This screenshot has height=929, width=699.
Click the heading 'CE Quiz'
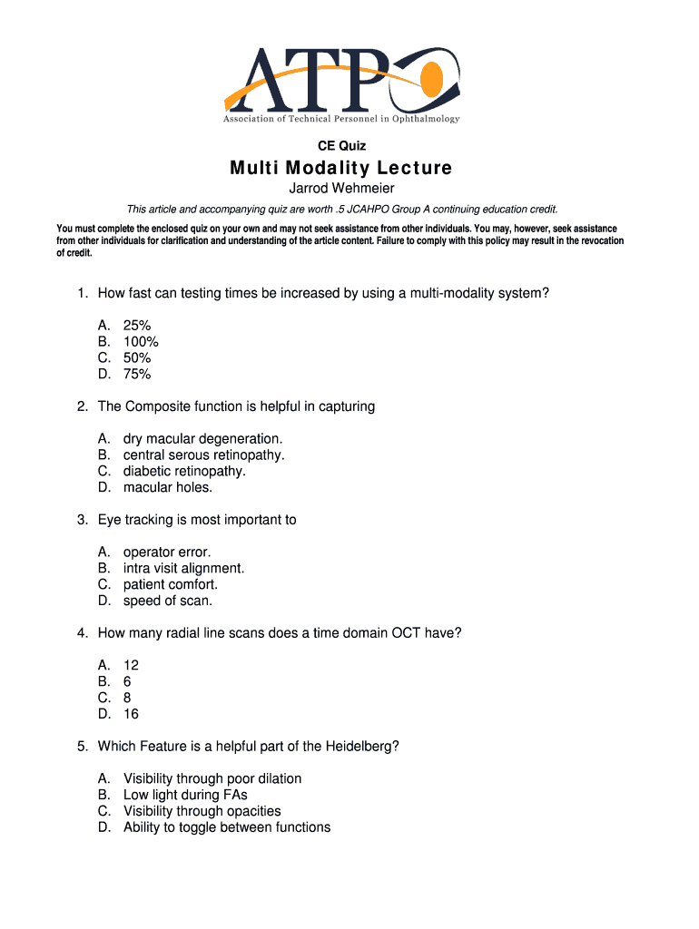pos(341,144)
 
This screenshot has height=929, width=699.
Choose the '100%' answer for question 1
pos(141,342)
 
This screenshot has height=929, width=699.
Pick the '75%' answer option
pos(137,374)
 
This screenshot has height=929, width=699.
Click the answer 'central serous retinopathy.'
pos(203,455)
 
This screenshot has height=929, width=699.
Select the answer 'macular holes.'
pos(168,487)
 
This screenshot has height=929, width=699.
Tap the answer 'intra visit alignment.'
pos(183,569)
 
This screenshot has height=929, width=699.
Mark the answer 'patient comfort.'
pos(171,585)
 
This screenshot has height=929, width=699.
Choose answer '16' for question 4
pos(132,714)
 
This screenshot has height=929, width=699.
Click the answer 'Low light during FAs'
pos(185,796)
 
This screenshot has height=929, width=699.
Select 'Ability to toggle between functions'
pos(227,827)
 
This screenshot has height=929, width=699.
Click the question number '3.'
pos(83,520)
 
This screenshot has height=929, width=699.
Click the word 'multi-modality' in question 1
pos(453,294)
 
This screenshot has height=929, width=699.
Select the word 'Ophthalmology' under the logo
pos(426,120)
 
